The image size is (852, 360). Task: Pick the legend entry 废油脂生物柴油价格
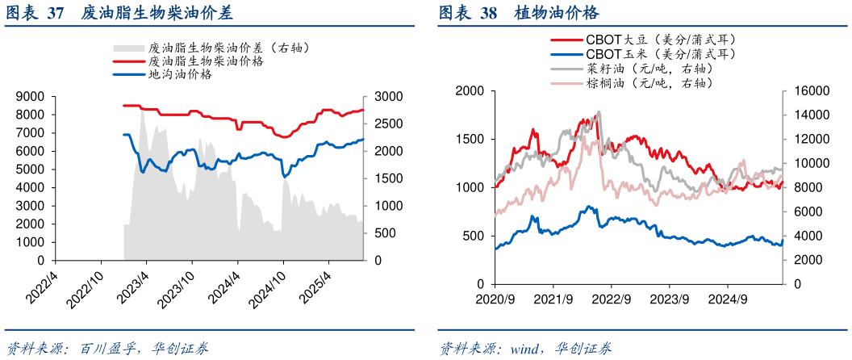tap(207, 61)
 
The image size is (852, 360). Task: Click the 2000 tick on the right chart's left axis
tap(469, 90)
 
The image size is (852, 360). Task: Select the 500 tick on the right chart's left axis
tap(474, 236)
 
